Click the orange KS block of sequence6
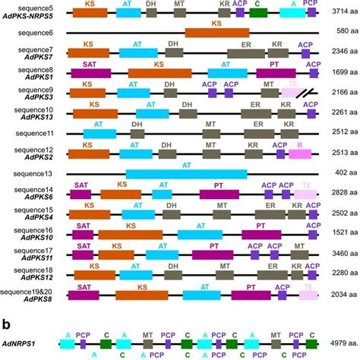tap(216, 33)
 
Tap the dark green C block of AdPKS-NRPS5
tap(258, 13)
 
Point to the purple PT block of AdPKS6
tap(219, 194)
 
